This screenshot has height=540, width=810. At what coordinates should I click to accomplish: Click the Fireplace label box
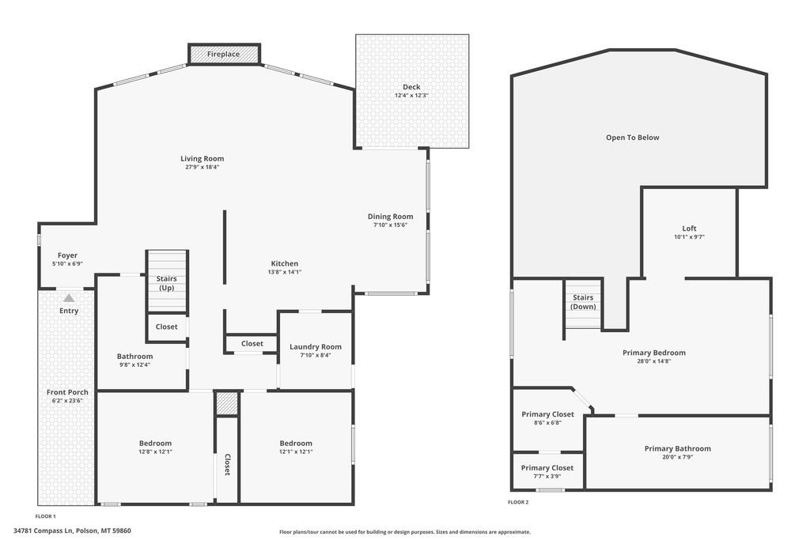[x=224, y=54]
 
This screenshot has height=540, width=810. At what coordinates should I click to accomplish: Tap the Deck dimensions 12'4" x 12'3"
[x=411, y=96]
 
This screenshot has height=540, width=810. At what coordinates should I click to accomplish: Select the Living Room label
[x=202, y=158]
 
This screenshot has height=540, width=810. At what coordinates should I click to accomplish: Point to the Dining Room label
[x=391, y=217]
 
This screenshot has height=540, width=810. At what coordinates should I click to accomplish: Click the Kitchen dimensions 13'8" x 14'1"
[x=285, y=272]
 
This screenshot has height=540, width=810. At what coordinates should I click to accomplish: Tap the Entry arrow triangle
[x=69, y=298]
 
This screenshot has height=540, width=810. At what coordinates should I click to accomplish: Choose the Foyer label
[x=67, y=255]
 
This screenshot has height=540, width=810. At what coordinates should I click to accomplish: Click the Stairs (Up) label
[x=166, y=283]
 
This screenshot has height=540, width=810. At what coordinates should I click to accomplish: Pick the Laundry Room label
[x=316, y=346]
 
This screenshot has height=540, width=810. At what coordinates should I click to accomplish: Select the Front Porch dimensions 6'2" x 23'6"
[x=67, y=401]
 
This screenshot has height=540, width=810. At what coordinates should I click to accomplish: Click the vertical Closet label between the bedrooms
[x=227, y=464]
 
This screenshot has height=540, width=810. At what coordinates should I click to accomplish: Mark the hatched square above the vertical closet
[x=227, y=403]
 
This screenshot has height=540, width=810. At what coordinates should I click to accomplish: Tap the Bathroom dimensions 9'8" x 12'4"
[x=134, y=364]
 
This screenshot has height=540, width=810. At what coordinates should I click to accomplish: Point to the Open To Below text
[x=632, y=138]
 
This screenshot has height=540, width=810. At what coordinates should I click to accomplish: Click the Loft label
[x=689, y=228]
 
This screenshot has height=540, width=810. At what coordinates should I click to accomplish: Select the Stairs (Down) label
[x=583, y=302]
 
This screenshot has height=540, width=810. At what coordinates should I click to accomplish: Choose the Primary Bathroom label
[x=677, y=448]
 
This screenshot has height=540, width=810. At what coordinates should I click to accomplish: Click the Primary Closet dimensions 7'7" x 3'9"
[x=547, y=476]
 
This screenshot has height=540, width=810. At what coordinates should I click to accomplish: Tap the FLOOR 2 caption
[x=518, y=502]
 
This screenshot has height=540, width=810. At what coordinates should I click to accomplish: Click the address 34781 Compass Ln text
[x=72, y=531]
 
